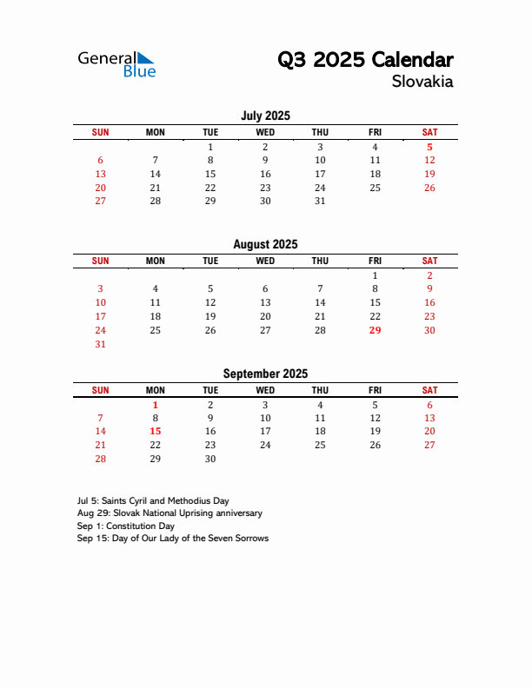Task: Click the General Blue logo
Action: coord(116,63)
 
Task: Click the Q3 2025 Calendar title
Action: coord(365,60)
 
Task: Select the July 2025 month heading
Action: coord(265,116)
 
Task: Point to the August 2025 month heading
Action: coord(265,245)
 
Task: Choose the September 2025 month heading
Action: coord(265,374)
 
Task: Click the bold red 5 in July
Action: coord(429,147)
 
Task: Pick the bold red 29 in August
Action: coord(375,330)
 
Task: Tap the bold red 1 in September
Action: coord(156,405)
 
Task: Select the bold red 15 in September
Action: coord(156,431)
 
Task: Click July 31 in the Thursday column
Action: coord(320,201)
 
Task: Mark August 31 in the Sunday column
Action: coord(100,344)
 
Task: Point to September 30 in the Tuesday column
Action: coord(210,459)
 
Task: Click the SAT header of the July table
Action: coord(429,132)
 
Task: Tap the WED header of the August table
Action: coord(265,261)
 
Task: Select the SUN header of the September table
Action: coord(100,390)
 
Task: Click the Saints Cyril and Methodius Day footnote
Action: coord(153,501)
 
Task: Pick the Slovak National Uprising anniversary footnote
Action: coord(170,513)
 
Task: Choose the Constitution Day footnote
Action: coord(126,526)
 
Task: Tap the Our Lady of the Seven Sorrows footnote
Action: coord(173,538)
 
